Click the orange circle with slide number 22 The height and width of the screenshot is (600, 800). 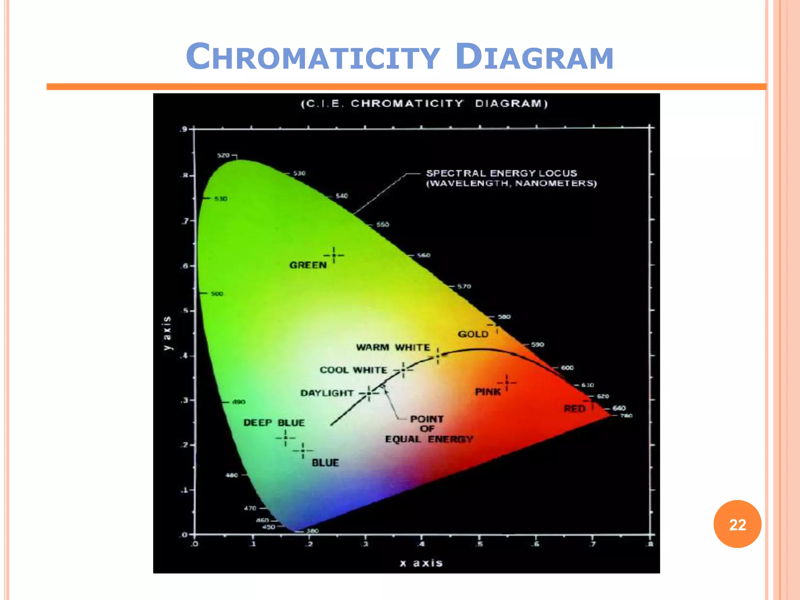click(x=737, y=524)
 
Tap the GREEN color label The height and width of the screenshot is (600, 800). click(x=308, y=265)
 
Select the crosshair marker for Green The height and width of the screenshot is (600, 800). click(x=334, y=255)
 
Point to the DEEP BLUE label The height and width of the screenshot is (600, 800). click(x=274, y=423)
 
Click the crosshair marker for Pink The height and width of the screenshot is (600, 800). click(x=507, y=383)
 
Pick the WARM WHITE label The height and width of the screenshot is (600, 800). click(x=393, y=347)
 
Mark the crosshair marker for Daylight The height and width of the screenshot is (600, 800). click(x=369, y=393)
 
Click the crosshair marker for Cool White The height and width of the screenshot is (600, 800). click(x=403, y=370)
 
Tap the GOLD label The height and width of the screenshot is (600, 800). click(x=473, y=334)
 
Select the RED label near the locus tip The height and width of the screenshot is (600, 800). click(x=575, y=409)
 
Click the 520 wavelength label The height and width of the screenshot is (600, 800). click(x=223, y=155)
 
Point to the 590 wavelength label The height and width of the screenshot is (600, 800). click(x=537, y=345)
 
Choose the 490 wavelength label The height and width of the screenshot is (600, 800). click(x=239, y=402)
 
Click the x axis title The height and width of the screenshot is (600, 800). click(x=421, y=563)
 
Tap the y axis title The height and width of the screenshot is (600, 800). click(x=167, y=333)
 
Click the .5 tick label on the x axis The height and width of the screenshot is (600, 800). click(x=479, y=544)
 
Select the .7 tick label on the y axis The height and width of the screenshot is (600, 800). click(x=185, y=221)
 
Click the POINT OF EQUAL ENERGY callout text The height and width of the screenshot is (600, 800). click(x=429, y=429)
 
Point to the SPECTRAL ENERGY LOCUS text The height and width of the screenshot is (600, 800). click(x=502, y=173)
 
